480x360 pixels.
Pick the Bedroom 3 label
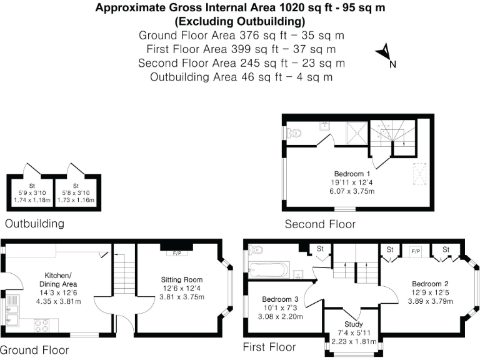281,299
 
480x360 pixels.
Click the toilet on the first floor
254,250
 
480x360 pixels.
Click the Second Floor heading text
320,224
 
